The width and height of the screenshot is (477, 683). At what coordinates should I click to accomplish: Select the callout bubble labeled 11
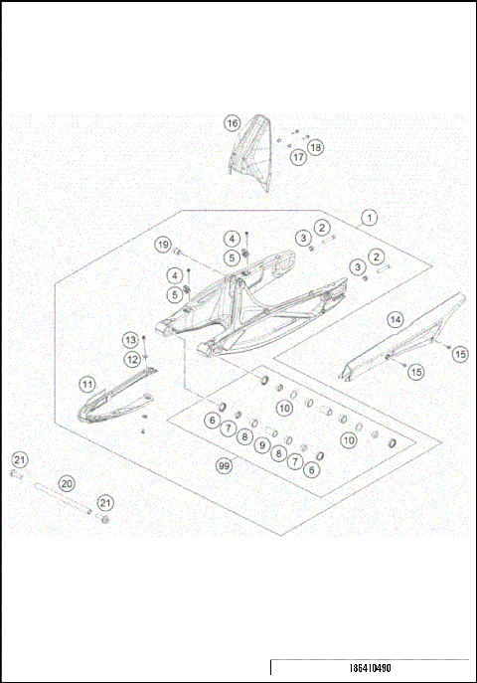[x=87, y=384]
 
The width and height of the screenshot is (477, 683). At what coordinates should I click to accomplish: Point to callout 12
[x=131, y=359]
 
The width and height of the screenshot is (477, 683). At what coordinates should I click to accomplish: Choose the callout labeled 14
[x=396, y=319]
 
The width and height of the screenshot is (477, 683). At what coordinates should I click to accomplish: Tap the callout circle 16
[x=232, y=123]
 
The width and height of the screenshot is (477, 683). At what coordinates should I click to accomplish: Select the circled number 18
[x=316, y=148]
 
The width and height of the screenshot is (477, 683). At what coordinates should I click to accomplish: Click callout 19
[x=162, y=245]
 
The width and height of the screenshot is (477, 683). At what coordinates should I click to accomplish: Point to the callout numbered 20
[x=67, y=483]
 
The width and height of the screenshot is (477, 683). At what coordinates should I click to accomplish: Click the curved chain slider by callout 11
[x=109, y=399]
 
